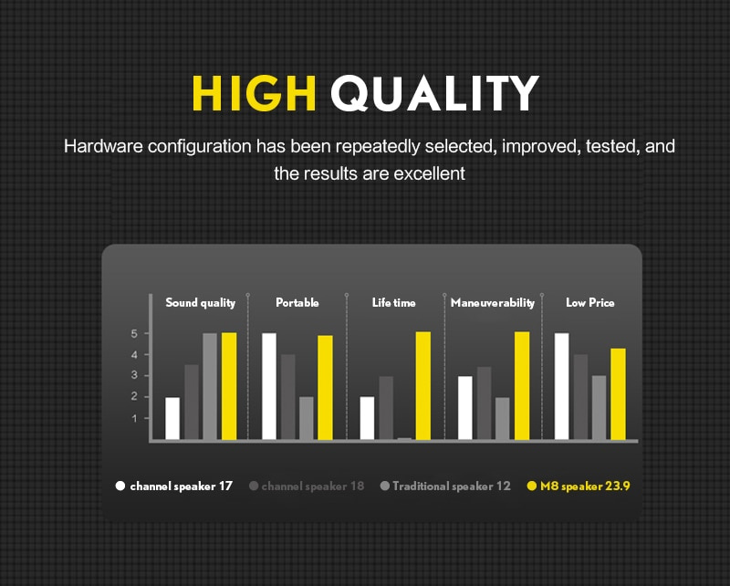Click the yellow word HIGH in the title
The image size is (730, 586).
click(255, 93)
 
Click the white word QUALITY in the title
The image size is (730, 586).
click(435, 94)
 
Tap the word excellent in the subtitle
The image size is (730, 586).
click(429, 173)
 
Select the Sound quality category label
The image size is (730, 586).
click(200, 303)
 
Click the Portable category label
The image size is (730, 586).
click(297, 303)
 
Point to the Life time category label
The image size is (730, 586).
click(394, 303)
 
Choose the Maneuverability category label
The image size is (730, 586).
click(493, 303)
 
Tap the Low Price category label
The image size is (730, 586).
click(589, 303)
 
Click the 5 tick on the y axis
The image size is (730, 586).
click(134, 333)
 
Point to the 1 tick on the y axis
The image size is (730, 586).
click(134, 418)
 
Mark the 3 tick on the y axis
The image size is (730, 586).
click(134, 375)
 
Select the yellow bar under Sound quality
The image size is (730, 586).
click(229, 386)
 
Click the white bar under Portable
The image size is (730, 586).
click(269, 386)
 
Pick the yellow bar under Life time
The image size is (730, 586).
click(423, 386)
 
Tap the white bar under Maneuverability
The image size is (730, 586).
click(465, 408)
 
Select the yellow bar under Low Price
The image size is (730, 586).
click(618, 394)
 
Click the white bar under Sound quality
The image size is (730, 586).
click(172, 418)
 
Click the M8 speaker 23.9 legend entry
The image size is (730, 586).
click(579, 487)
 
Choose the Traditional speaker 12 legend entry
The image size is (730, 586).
click(445, 487)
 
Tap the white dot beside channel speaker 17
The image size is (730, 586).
click(120, 486)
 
